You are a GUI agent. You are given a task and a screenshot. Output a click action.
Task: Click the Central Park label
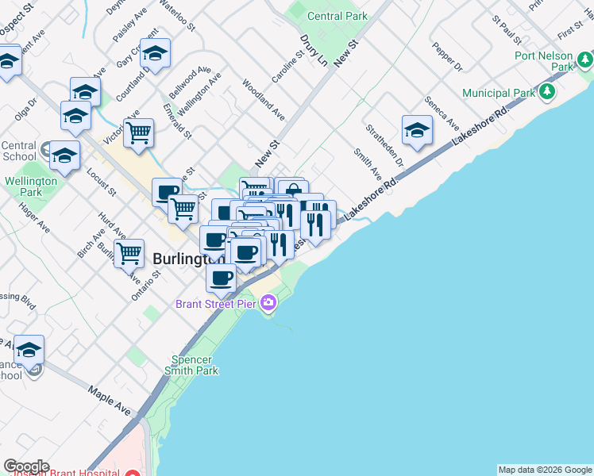(337, 16)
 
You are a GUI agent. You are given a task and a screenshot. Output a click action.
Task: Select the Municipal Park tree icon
(547, 93)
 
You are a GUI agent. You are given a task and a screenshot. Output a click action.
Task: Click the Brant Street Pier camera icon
(268, 302)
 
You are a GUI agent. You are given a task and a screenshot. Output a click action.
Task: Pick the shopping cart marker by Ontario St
(129, 254)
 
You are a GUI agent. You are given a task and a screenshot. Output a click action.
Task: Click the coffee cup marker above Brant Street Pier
(221, 278)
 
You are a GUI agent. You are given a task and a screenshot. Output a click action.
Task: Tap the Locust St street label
(102, 182)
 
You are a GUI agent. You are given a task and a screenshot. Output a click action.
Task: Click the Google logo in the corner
(26, 466)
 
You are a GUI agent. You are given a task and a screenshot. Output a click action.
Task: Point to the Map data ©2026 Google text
(544, 470)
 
